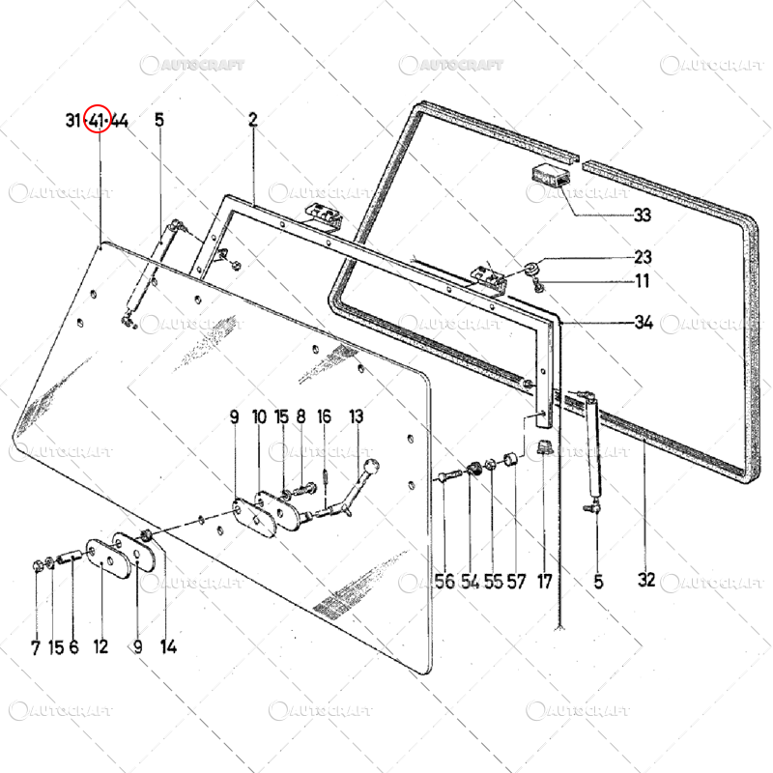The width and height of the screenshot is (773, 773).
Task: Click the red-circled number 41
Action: coord(97,121)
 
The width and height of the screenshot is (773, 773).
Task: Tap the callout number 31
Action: coord(73,121)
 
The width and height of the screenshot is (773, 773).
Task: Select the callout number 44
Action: coord(120,121)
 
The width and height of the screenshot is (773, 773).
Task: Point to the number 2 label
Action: coord(253,121)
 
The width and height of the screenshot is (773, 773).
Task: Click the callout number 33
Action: coord(642,215)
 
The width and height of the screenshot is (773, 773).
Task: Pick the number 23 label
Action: coord(643,258)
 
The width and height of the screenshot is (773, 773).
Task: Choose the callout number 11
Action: coord(642,282)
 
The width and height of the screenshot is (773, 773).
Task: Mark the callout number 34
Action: coord(643,323)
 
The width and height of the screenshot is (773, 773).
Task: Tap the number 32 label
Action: coord(646,581)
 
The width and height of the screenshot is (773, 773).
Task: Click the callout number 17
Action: coord(545,582)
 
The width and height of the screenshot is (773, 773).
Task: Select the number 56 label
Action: coord(444,582)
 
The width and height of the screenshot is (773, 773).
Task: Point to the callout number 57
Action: coord(517,582)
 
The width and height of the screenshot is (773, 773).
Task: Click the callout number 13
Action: coord(357,416)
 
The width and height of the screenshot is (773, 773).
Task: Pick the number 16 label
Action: coord(325,416)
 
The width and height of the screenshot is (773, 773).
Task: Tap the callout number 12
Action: coord(100,647)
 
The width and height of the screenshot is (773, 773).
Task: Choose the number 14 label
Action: coord(168,647)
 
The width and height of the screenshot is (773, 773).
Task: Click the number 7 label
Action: coord(35,647)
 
